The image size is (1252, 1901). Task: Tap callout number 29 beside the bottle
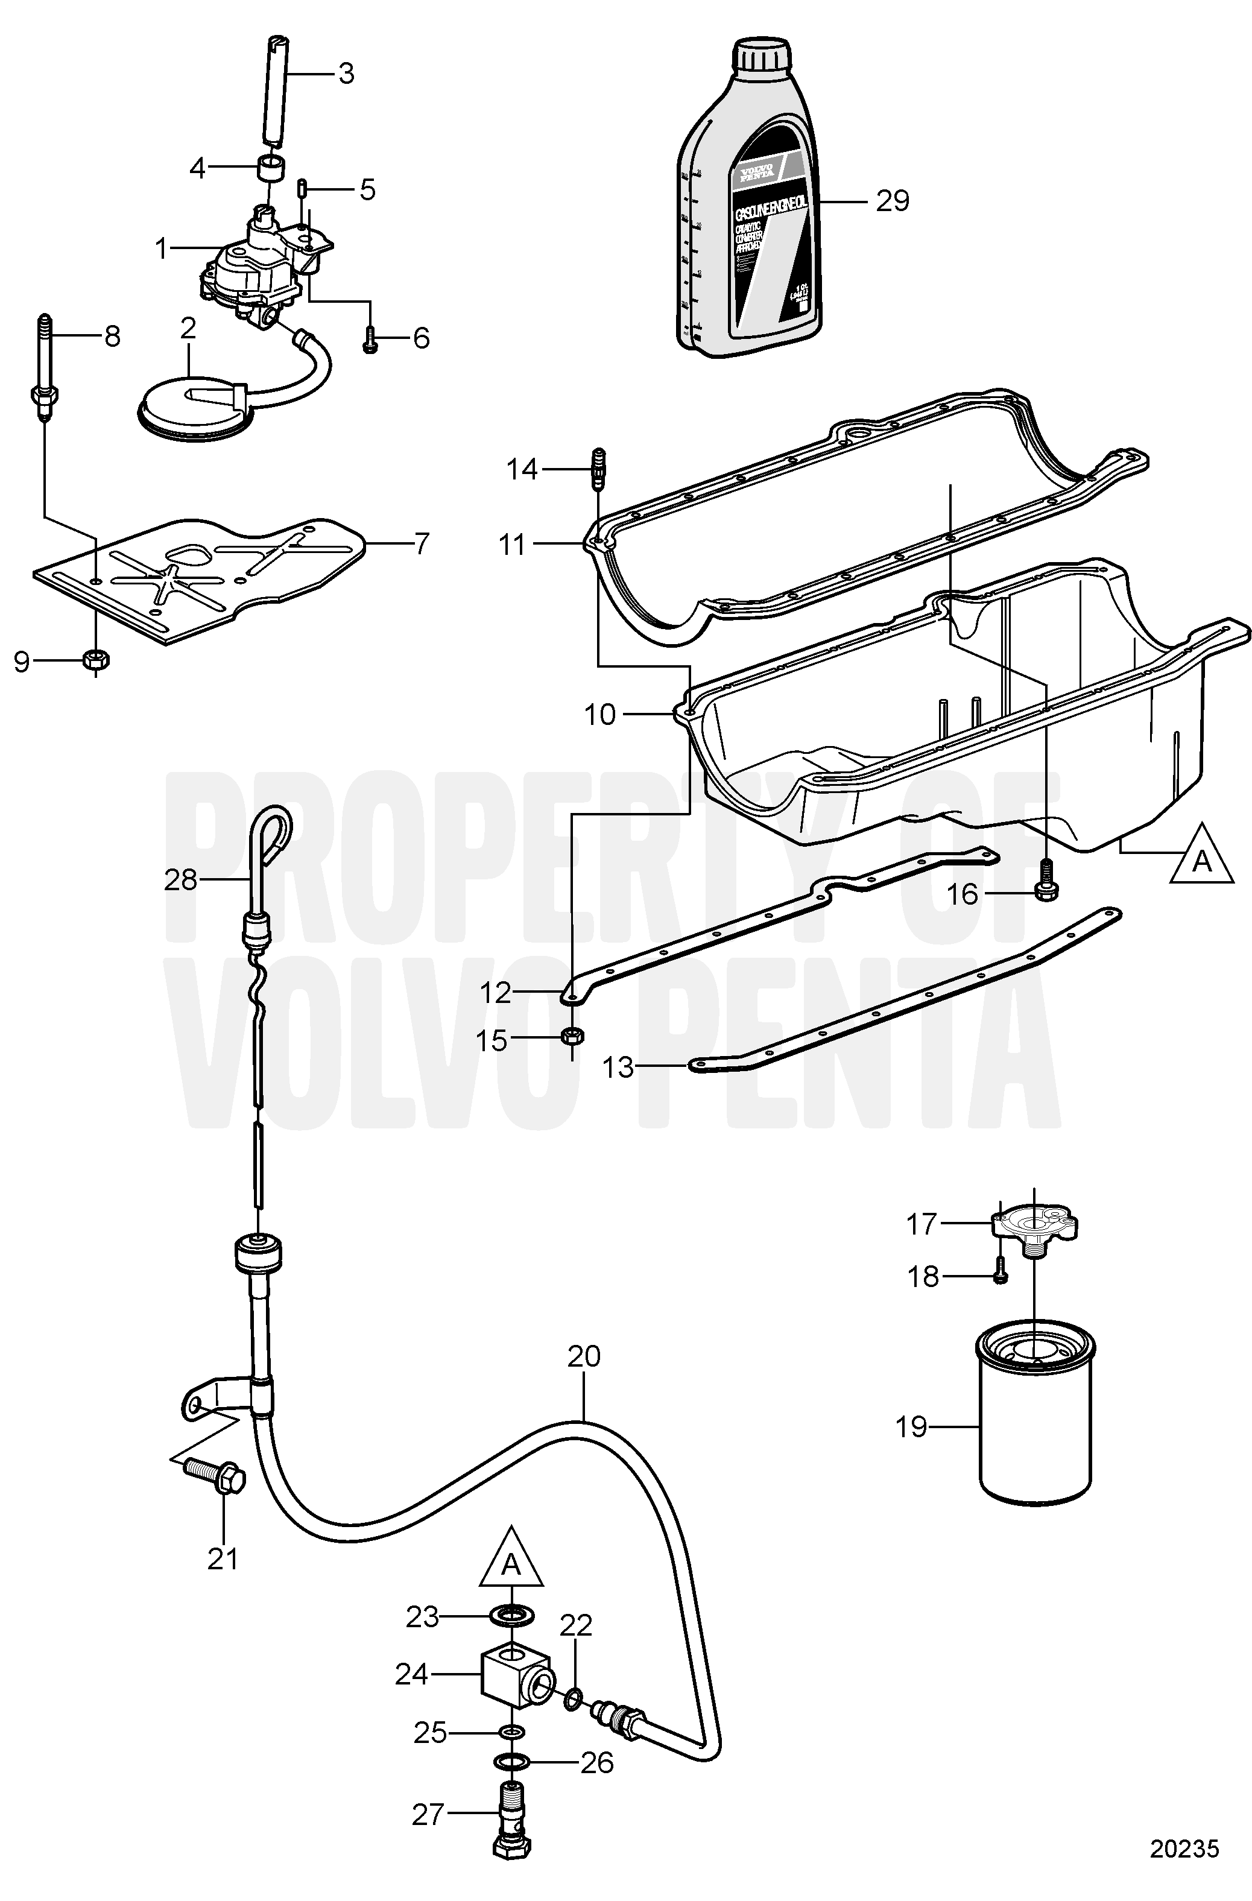coord(892,200)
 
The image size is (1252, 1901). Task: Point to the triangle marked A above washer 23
coord(511,1561)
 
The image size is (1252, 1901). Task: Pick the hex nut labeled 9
coord(96,660)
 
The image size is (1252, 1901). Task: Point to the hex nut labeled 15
coord(572,1037)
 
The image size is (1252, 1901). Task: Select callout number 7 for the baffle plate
coord(421,544)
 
